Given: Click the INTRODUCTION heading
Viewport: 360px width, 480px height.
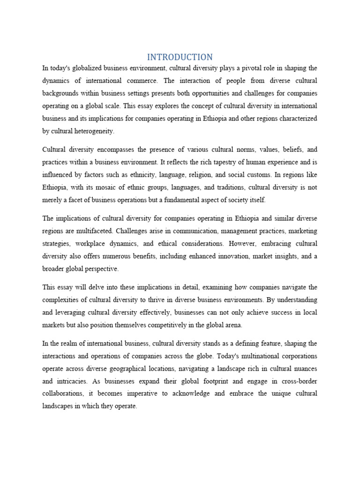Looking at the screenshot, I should [x=180, y=57].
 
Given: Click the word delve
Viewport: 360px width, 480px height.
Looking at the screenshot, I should [x=99, y=287].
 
